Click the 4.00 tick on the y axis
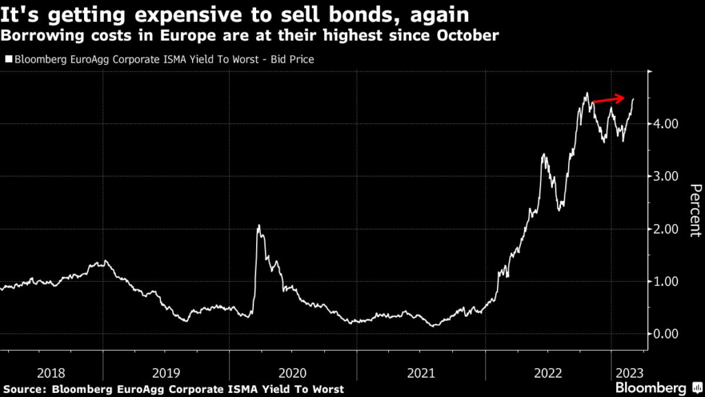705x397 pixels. (667, 124)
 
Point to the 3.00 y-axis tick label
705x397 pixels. (667, 176)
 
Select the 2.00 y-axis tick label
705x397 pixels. (667, 229)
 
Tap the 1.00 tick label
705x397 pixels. (667, 281)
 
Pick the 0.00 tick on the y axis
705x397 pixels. (667, 334)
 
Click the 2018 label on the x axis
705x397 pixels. (52, 373)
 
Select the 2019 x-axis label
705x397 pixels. (166, 373)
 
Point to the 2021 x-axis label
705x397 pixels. (421, 373)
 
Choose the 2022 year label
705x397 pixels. (548, 373)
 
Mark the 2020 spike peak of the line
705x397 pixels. (258, 225)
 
